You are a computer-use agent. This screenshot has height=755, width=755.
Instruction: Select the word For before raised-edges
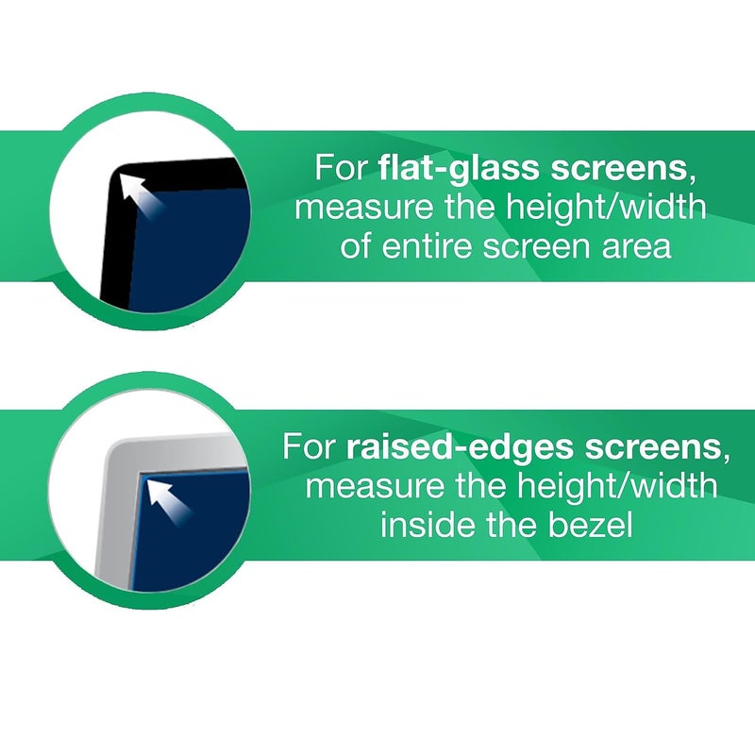tap(309, 446)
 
